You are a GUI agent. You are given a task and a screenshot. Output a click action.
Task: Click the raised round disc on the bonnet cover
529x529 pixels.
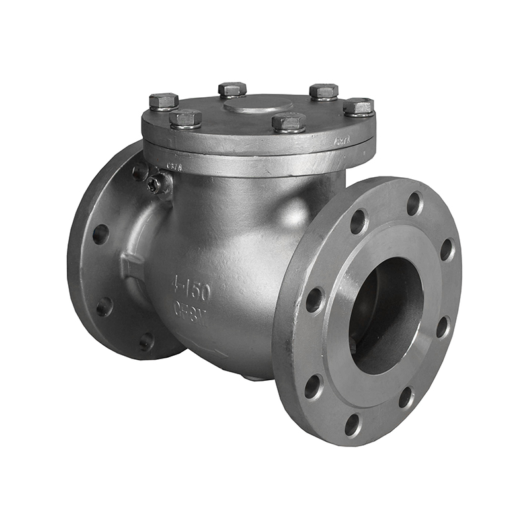pyautogui.click(x=258, y=104)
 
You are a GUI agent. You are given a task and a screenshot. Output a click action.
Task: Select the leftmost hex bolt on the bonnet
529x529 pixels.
pyautogui.click(x=163, y=101)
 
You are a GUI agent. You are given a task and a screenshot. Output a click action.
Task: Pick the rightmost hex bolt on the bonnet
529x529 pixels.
pyautogui.click(x=358, y=106)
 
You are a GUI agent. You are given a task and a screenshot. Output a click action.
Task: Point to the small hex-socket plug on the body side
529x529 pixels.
pyautogui.click(x=155, y=185)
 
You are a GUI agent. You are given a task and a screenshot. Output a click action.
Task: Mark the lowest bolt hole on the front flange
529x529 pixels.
pyautogui.click(x=353, y=424)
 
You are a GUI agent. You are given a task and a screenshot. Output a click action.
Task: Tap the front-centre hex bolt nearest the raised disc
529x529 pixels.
pyautogui.click(x=289, y=122)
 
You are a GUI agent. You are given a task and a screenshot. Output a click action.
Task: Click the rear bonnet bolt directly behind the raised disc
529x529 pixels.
pyautogui.click(x=232, y=89)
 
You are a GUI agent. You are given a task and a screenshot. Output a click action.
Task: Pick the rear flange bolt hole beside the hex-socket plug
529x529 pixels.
pyautogui.click(x=140, y=172)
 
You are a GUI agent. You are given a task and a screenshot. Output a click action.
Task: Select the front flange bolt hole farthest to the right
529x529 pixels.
pyautogui.click(x=448, y=249)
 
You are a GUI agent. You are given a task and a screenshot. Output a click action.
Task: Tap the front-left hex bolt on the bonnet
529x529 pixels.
pyautogui.click(x=186, y=119)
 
